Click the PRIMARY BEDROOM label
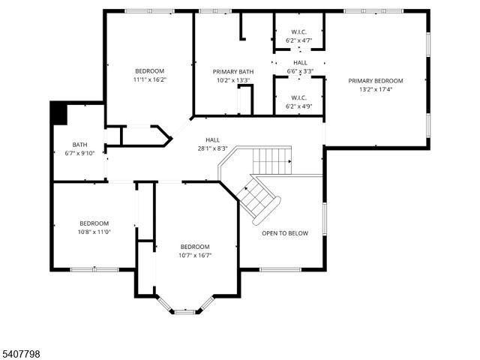(375, 81)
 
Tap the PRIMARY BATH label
(232, 72)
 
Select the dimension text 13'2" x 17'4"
(375, 89)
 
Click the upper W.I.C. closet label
(299, 32)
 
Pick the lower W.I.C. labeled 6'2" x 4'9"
(299, 97)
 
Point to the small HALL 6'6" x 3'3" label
(300, 63)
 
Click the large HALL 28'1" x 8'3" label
(212, 139)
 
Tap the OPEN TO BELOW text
(284, 233)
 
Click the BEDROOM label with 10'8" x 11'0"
(94, 223)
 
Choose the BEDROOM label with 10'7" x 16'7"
(194, 247)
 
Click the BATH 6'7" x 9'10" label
(79, 145)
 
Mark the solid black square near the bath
(58, 114)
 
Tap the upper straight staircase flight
(271, 160)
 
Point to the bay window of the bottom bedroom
(184, 310)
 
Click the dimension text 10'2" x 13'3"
(232, 80)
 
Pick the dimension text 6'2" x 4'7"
(299, 40)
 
